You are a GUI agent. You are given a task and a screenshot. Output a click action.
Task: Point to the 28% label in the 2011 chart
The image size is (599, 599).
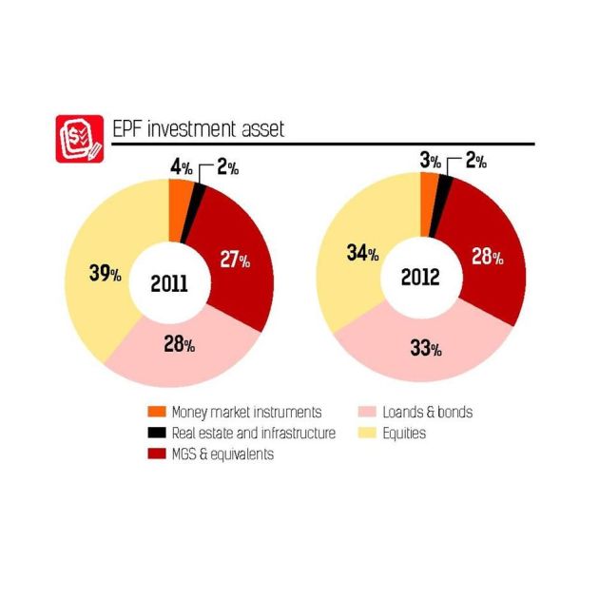coord(179,344)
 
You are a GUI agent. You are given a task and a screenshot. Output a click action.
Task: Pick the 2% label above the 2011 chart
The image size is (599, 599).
coord(229,166)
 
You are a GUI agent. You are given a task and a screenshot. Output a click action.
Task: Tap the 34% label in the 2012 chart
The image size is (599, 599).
coord(362,254)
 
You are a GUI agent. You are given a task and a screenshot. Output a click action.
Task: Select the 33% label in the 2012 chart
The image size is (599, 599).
coord(427,348)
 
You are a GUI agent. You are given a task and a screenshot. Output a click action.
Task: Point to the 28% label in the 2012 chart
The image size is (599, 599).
coord(488,256)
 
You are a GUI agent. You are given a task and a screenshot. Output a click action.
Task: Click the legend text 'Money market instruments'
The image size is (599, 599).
coord(246,413)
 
